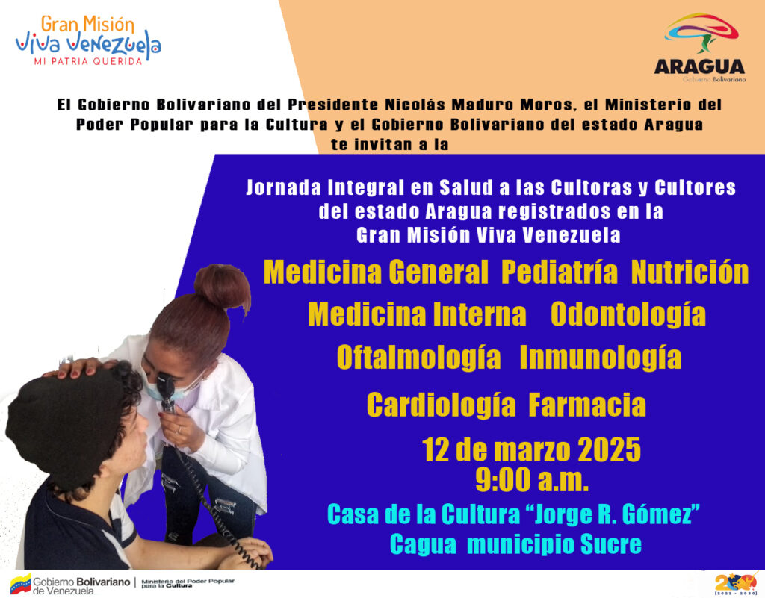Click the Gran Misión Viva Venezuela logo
pos(88,40)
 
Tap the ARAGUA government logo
pos(699,48)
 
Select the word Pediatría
pos(560,272)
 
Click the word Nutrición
pos(690,272)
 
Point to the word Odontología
pos(628,315)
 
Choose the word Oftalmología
pos(418,358)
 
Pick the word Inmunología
pos(601,358)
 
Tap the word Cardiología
pos(441,405)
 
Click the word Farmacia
pos(587,405)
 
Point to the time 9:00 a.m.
pos(532,480)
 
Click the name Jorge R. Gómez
pos(614,514)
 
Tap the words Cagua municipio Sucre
pos(515,544)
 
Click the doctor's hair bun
pos(223,287)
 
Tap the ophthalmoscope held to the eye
pos(167,393)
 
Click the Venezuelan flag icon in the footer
pos(20,583)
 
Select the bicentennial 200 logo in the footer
pos(735,583)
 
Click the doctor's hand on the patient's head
pos(73,368)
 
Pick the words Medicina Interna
pos(417,315)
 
